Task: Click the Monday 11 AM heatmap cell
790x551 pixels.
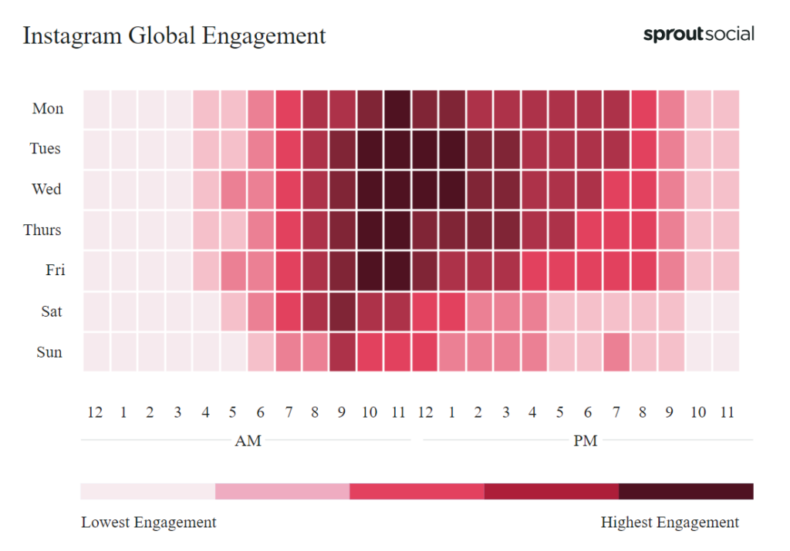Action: click(x=398, y=109)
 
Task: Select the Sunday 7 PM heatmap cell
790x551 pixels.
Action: click(x=616, y=352)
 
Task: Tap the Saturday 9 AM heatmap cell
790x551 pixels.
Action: click(x=343, y=311)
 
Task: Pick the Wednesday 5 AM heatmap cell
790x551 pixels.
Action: click(x=234, y=190)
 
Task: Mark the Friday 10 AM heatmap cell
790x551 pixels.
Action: click(x=370, y=271)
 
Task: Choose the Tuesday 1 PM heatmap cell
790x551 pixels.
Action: click(x=452, y=150)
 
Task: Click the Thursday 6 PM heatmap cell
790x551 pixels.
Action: click(x=589, y=230)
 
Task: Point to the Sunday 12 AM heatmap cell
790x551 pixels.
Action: click(x=96, y=352)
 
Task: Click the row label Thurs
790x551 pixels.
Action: click(x=42, y=230)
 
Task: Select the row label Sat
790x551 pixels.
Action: click(x=52, y=311)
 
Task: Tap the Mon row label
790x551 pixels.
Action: click(x=48, y=109)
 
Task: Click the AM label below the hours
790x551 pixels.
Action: click(x=248, y=441)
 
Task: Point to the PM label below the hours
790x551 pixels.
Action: click(x=586, y=441)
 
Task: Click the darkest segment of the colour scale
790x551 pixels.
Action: click(x=686, y=491)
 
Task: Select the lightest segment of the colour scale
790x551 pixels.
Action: click(x=147, y=491)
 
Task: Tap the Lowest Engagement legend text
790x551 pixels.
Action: click(x=149, y=522)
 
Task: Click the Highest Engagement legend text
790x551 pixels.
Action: click(x=670, y=522)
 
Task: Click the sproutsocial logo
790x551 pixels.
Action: click(x=699, y=34)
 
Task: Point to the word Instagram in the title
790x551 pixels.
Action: click(x=72, y=36)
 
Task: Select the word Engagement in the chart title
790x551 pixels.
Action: click(x=264, y=36)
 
